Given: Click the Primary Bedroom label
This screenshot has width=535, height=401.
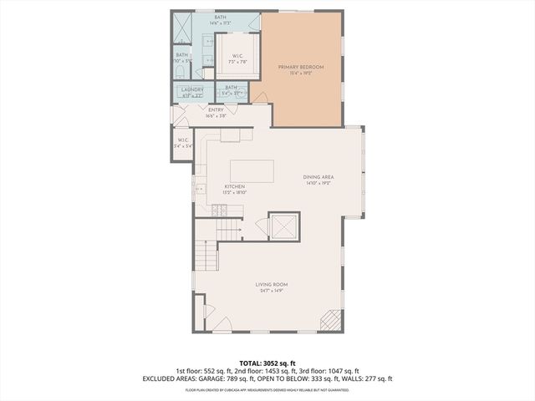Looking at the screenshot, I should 301,66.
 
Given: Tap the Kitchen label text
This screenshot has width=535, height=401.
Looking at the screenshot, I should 234,186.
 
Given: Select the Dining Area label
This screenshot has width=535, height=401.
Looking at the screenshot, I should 318,176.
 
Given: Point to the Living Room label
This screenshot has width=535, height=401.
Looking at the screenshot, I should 273,285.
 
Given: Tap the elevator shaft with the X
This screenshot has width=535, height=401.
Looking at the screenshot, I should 283,226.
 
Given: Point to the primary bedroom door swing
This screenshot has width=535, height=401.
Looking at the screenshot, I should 262,99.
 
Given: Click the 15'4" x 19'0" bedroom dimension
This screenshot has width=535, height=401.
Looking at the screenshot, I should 301,73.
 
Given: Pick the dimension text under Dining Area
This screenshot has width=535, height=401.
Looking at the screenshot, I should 318,182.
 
